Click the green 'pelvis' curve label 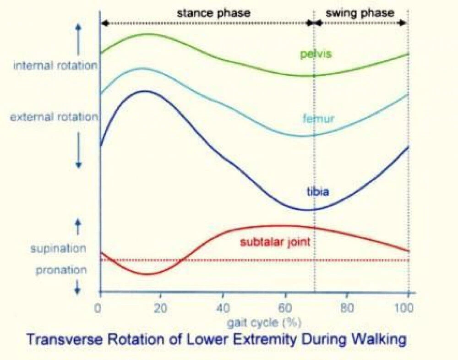point(316,54)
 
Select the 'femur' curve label point(318,119)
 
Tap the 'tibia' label point(318,192)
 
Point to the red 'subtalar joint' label point(275,242)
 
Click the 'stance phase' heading point(214,13)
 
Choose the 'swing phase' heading point(360,13)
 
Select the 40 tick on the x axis point(223,308)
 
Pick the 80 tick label point(347,308)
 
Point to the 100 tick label point(404,308)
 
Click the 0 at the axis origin point(98,308)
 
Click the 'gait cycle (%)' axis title point(264,322)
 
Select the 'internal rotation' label point(55,65)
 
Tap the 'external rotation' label point(54,117)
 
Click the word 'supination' point(59,249)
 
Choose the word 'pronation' point(61,270)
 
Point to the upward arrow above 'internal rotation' point(78,39)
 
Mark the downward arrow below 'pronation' point(77,287)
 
